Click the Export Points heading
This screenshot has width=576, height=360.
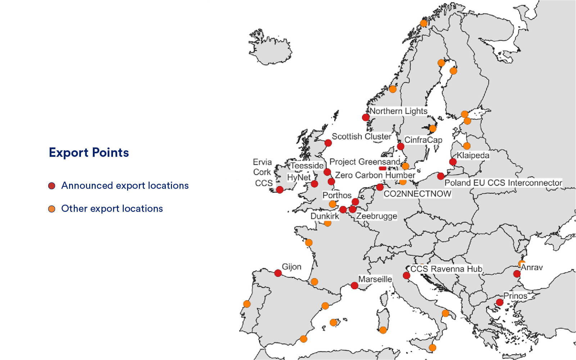pos(89,152)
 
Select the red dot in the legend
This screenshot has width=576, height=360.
pos(52,186)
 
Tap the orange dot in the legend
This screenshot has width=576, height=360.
pos(52,209)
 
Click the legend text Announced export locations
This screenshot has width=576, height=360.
pos(125,186)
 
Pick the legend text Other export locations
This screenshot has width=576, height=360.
pos(112,209)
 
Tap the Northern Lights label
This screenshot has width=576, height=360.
pos(398,111)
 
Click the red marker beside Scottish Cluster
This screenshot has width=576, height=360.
pos(328,143)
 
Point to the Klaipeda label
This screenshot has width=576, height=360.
pos(473,155)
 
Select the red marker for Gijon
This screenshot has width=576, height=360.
pos(278,273)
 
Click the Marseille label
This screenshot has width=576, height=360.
pos(375,279)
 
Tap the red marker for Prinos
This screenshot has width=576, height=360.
pos(499,302)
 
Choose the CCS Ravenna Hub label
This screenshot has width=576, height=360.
pos(446,269)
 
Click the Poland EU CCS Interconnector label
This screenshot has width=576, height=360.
pos(503,183)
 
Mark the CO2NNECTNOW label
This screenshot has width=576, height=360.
pos(417,194)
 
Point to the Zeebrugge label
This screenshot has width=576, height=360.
pos(377,216)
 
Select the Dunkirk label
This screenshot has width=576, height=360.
pos(325,216)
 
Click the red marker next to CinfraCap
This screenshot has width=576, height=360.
pos(400,146)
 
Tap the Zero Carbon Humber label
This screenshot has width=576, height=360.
pos(375,175)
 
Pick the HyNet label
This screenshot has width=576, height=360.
pos(299,177)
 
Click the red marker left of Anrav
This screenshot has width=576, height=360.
pos(517,274)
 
